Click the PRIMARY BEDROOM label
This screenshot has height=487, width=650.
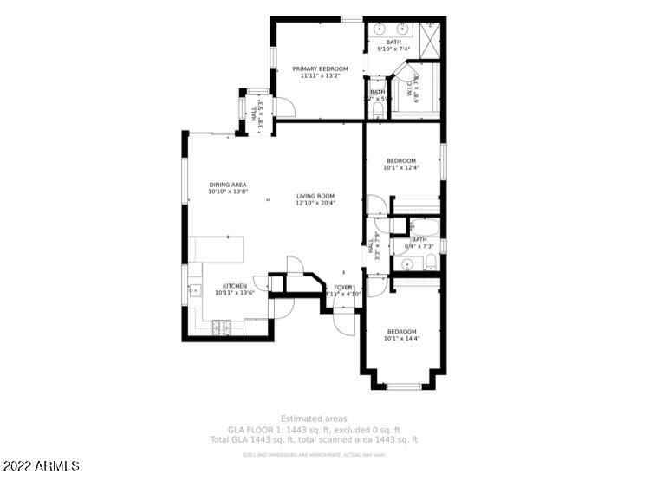coord(320,68)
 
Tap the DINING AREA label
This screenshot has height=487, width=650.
coord(228,185)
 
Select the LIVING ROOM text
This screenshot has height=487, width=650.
coord(315,197)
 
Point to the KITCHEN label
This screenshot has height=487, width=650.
coord(235,286)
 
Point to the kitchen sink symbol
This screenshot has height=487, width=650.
coord(192,291)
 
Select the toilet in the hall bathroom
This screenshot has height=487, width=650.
coord(430,263)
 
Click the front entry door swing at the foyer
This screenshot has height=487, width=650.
coord(344,321)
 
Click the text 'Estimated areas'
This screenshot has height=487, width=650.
coord(315,419)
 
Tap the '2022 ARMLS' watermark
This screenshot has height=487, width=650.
coord(41,466)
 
